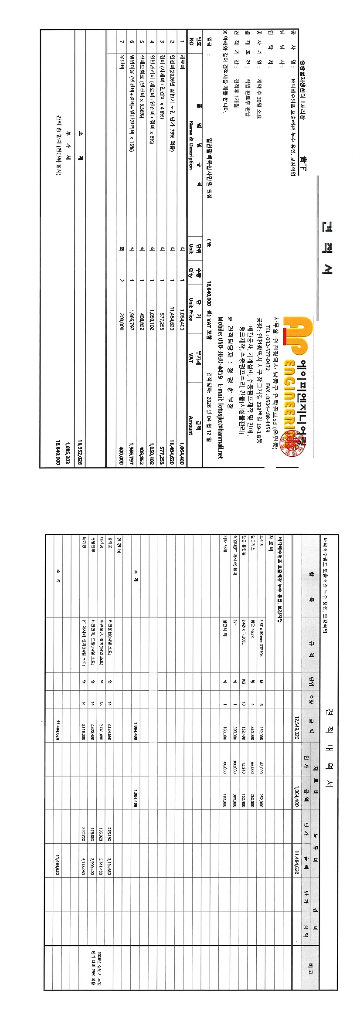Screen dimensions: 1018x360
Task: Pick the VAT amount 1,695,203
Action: click(68, 454)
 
